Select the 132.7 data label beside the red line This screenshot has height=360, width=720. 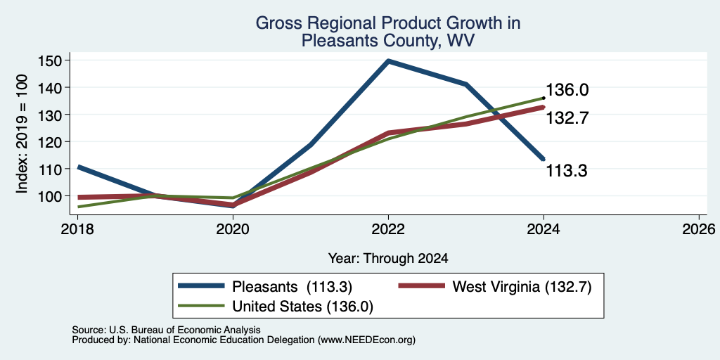coord(567,118)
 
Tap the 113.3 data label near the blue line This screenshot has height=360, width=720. coord(567,172)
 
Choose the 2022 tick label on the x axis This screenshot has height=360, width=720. coord(388,229)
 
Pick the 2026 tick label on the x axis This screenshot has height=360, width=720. coord(699,229)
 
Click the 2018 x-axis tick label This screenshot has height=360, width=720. coord(78,229)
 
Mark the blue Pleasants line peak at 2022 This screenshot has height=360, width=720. coord(388,60)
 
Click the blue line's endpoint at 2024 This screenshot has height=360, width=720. coord(544,159)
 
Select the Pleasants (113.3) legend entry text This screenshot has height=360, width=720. coord(292,287)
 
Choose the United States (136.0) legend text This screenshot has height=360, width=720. coord(302,307)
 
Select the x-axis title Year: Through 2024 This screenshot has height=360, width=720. coord(388,258)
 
